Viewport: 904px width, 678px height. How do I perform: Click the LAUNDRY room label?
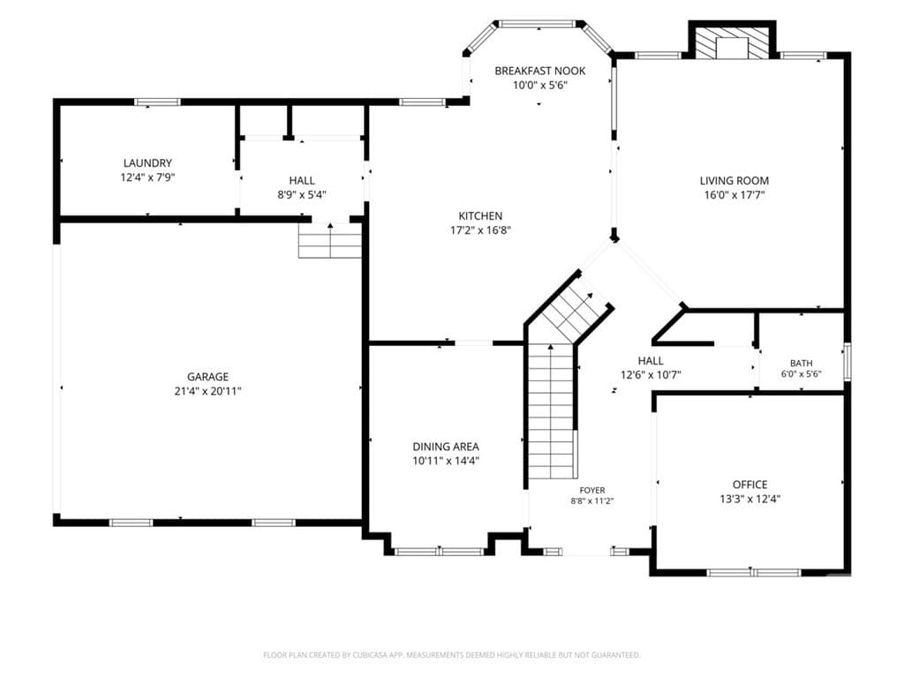click(147, 163)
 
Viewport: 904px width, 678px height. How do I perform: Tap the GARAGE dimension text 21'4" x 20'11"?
click(207, 391)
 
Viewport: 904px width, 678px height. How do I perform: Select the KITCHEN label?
click(480, 216)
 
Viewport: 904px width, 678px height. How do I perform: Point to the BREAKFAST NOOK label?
click(540, 71)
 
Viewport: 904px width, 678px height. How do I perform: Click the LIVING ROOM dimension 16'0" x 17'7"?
click(734, 195)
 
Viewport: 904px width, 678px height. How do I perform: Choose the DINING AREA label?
click(446, 447)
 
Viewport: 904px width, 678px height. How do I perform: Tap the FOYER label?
click(592, 491)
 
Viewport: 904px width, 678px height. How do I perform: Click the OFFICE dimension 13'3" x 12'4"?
click(750, 500)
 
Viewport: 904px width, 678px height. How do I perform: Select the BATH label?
click(802, 363)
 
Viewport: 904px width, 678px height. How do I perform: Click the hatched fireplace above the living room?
click(732, 41)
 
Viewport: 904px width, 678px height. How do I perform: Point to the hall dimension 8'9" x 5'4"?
click(302, 195)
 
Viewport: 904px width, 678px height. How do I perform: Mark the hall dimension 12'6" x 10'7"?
click(651, 375)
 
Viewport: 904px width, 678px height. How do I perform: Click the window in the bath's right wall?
click(847, 361)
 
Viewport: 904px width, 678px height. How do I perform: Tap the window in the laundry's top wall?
click(157, 102)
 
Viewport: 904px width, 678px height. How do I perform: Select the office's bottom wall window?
click(754, 572)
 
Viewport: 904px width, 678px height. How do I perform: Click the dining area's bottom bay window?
click(440, 552)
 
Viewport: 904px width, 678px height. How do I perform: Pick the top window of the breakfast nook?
click(539, 24)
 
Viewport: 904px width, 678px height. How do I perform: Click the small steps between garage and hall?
click(330, 240)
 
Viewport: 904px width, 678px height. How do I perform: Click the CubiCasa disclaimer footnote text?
click(451, 655)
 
